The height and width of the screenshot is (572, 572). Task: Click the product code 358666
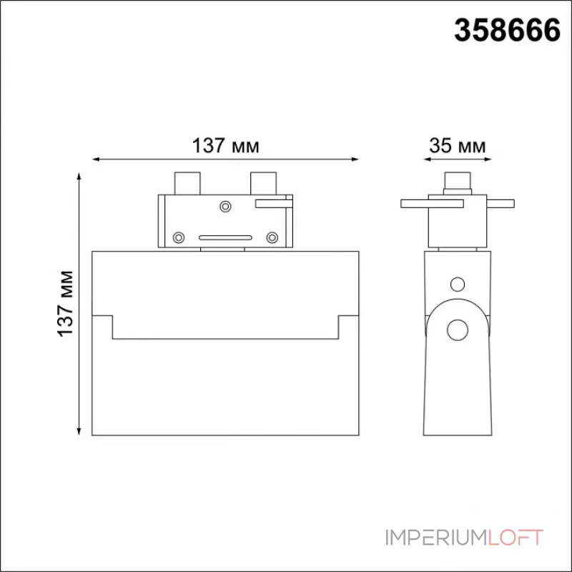pyautogui.click(x=507, y=30)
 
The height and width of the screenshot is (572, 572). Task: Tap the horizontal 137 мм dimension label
pyautogui.click(x=225, y=146)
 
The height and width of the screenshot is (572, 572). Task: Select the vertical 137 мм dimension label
pyautogui.click(x=66, y=303)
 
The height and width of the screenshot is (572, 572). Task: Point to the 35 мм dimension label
pyautogui.click(x=458, y=146)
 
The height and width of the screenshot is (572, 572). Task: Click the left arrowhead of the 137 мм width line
pyautogui.click(x=96, y=159)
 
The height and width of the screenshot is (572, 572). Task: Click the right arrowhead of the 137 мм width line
pyautogui.click(x=355, y=159)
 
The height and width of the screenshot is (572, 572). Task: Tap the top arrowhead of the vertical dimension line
pyautogui.click(x=79, y=177)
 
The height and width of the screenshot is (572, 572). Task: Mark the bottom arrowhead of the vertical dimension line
pyautogui.click(x=79, y=431)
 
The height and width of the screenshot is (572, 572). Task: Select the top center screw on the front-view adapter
pyautogui.click(x=225, y=207)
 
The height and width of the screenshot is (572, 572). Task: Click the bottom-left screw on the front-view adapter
pyautogui.click(x=178, y=237)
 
